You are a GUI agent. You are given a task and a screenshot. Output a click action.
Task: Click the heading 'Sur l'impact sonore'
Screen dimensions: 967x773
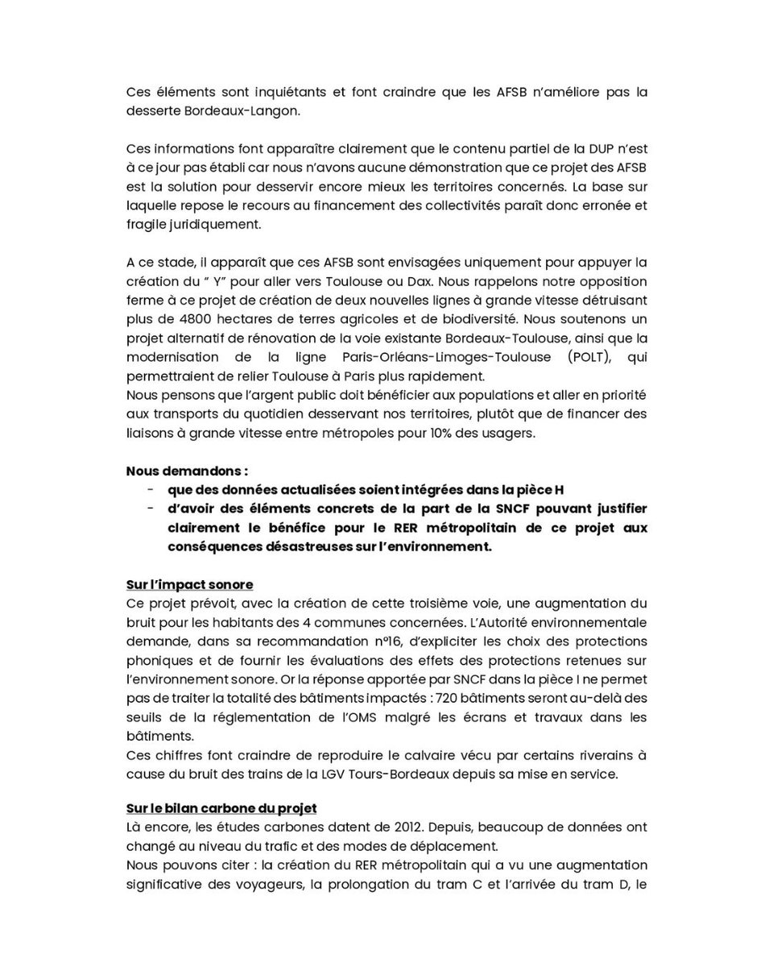click(189, 585)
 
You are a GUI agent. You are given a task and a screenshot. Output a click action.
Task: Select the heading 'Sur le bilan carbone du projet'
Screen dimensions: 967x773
click(221, 808)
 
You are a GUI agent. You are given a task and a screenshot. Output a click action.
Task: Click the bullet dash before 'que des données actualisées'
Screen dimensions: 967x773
click(151, 489)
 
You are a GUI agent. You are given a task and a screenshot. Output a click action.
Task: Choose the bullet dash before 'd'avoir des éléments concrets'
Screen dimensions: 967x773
click(151, 508)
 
